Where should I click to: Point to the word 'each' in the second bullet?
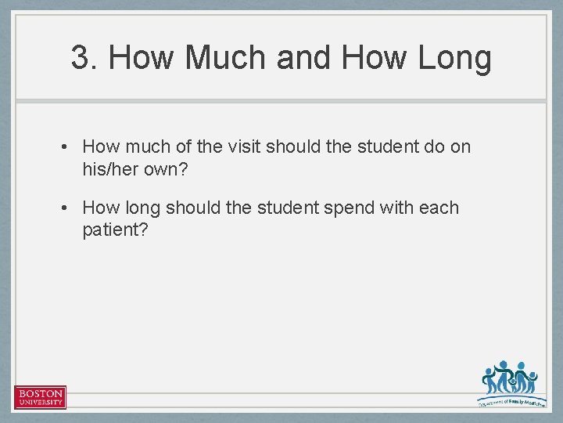439,208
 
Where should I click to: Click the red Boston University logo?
40,397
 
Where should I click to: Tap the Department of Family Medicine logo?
509,382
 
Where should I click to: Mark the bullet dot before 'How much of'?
68,147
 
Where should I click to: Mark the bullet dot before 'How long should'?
68,208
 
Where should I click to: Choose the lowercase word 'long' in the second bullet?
142,208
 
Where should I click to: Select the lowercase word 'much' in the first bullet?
146,146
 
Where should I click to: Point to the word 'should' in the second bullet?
192,208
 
